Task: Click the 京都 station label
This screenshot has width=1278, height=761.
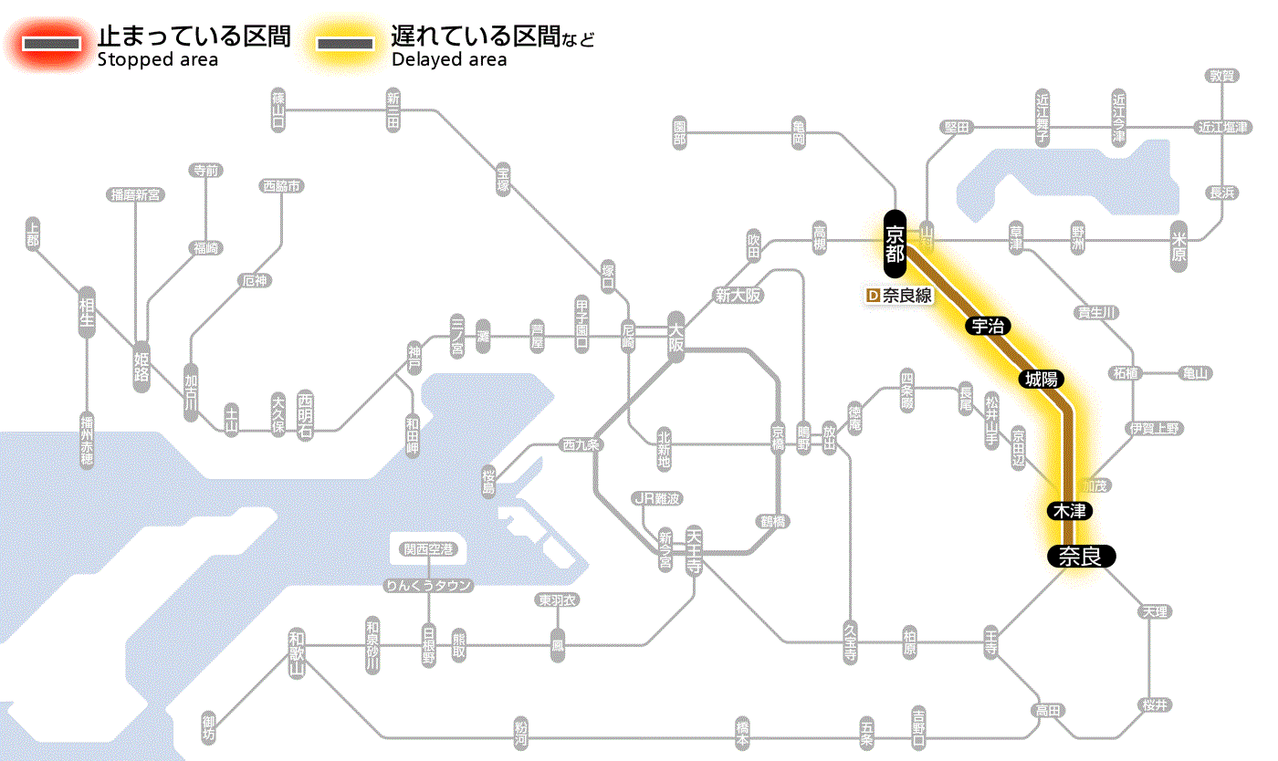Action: (895, 244)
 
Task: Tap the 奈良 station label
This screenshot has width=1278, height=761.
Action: (1080, 556)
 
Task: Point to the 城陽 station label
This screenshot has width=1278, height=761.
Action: (1042, 379)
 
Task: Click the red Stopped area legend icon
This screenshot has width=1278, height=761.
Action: (51, 44)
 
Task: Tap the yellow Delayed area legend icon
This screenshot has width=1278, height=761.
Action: (344, 44)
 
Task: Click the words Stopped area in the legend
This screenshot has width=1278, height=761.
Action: (157, 60)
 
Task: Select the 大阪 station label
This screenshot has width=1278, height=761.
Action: (676, 337)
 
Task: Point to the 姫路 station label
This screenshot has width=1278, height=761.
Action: (142, 366)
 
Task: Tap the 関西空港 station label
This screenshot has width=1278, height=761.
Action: (429, 549)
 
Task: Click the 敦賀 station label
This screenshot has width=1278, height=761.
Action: (1221, 76)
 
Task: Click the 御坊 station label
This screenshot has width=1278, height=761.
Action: (210, 728)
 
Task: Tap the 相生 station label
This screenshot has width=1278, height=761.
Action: (87, 314)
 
